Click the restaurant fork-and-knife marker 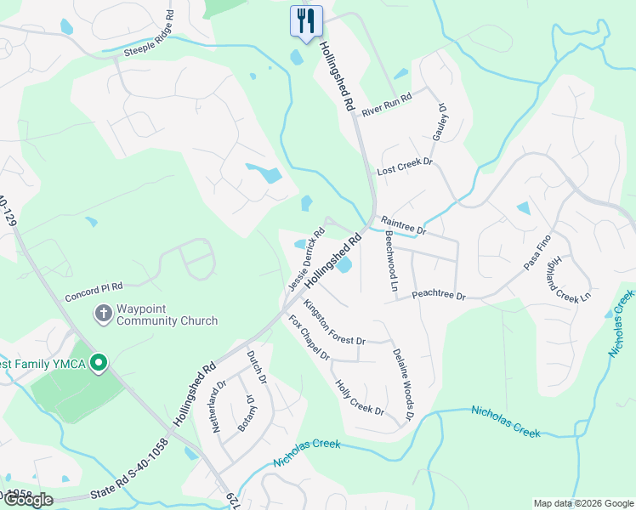tap(306, 20)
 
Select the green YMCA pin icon tap(99, 364)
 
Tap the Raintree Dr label tap(402, 224)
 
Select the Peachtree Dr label tap(439, 295)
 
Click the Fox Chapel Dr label tap(309, 337)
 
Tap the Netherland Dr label tap(219, 407)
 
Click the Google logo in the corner tap(28, 500)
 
